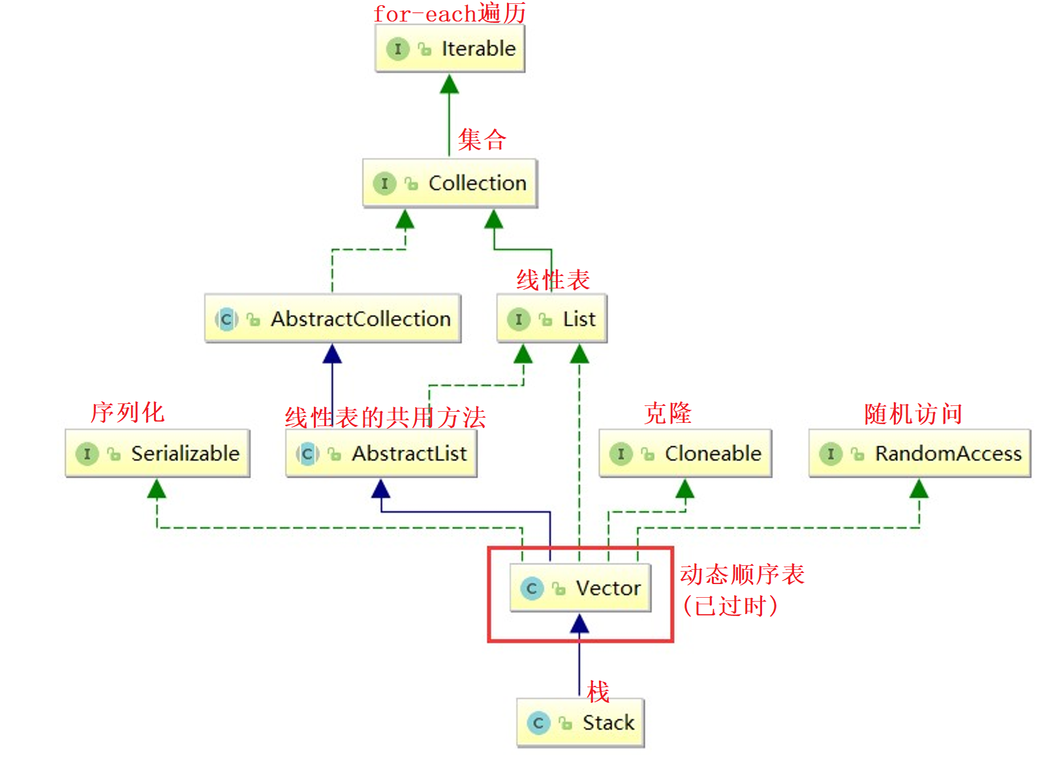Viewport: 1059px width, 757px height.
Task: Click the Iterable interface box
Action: click(x=450, y=49)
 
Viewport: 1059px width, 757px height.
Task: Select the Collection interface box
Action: click(x=450, y=183)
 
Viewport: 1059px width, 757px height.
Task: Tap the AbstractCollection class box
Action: click(x=333, y=319)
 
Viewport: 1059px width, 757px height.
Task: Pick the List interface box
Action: click(x=552, y=319)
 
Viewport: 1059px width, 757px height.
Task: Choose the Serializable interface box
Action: click(x=157, y=454)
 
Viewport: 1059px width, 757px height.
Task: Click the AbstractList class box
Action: click(x=382, y=454)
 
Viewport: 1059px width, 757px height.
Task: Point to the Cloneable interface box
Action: click(x=685, y=454)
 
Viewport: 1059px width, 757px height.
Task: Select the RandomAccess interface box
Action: click(x=919, y=454)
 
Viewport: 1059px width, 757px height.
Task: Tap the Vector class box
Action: click(x=581, y=589)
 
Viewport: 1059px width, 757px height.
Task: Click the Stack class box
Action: click(x=581, y=723)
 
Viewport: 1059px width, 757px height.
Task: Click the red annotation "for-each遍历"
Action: click(x=450, y=13)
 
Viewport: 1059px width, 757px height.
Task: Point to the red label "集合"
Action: click(x=482, y=140)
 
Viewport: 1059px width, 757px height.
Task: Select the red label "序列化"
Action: click(x=128, y=412)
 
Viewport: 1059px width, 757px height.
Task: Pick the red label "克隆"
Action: click(x=668, y=413)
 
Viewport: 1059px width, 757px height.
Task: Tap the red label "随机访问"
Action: click(x=913, y=414)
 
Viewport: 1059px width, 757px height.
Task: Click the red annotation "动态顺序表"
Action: click(x=742, y=574)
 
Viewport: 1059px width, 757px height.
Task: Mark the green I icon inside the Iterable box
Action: click(x=397, y=49)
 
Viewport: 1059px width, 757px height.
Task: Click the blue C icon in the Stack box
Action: click(x=538, y=723)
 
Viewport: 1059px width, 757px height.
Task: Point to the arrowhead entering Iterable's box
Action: click(x=449, y=84)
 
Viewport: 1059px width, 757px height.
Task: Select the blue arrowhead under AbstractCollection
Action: click(x=332, y=354)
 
